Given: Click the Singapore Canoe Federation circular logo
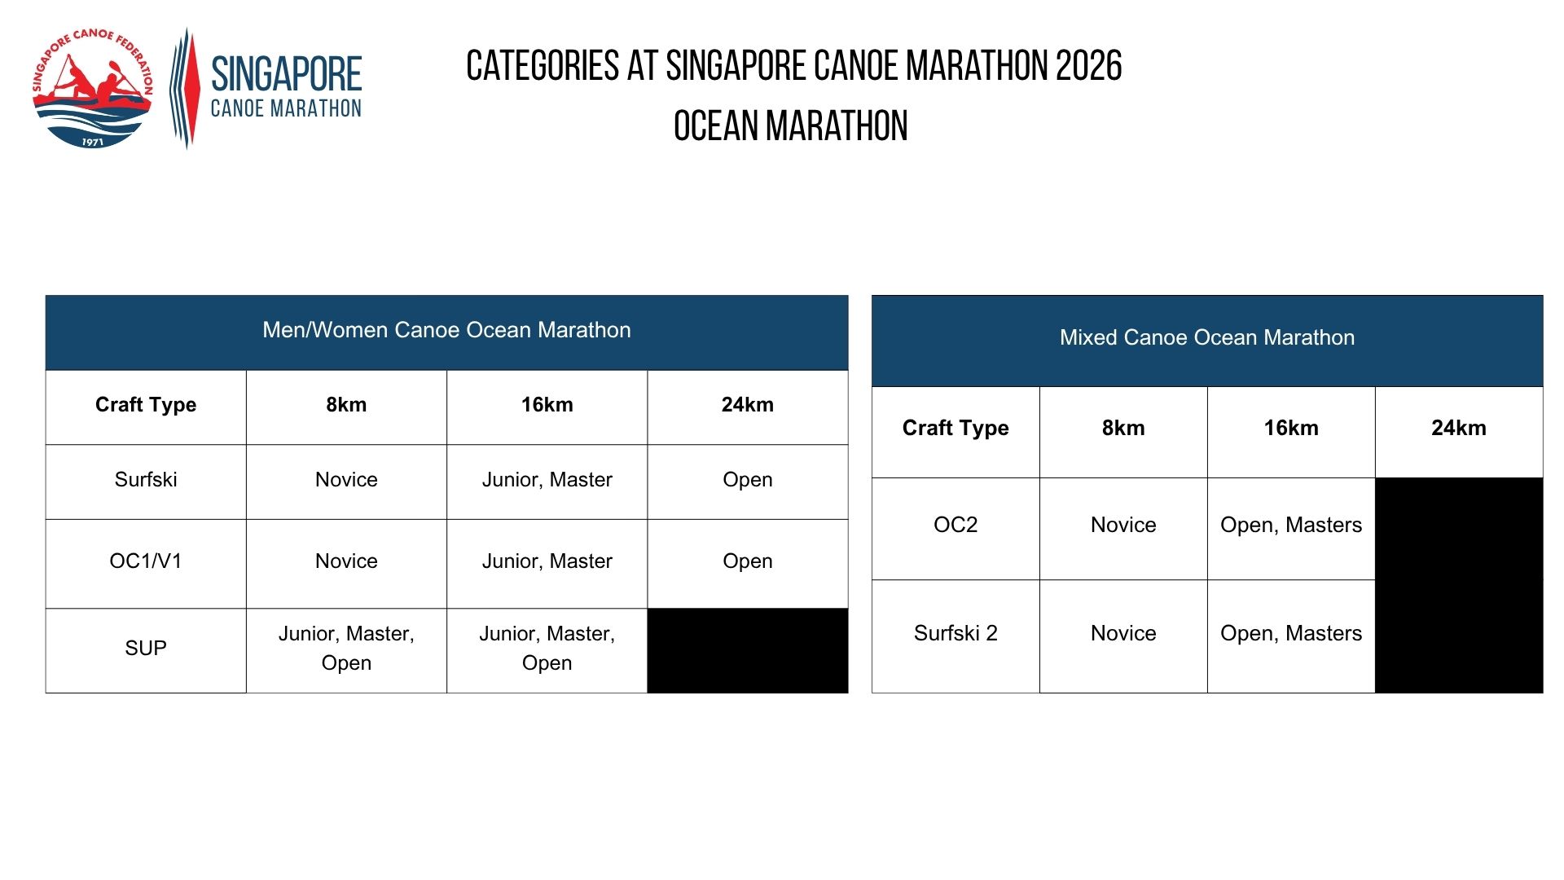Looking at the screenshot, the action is (x=93, y=89).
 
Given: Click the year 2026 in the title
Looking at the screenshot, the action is (x=1089, y=66).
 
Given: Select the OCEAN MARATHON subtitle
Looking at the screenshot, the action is (x=790, y=126).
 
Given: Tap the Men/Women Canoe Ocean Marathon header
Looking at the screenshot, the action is (x=446, y=330).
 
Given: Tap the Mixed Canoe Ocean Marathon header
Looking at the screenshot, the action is (x=1207, y=337).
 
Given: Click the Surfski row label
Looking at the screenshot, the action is (x=146, y=479).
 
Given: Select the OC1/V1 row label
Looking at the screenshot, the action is (x=146, y=561).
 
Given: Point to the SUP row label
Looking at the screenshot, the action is (x=146, y=648).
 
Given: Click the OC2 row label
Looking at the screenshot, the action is (x=956, y=525).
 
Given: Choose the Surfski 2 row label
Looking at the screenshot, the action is (x=956, y=633).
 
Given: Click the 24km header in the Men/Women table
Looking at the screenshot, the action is (x=748, y=405).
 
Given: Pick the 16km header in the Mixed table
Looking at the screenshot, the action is (x=1291, y=428).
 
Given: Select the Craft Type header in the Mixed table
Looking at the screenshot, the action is (x=956, y=429).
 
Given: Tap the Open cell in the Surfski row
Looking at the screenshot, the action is (x=748, y=480).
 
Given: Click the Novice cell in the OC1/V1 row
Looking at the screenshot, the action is (x=346, y=561).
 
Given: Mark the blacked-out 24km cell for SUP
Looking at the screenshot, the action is (x=748, y=651).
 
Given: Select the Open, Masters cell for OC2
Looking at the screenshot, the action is (x=1291, y=525).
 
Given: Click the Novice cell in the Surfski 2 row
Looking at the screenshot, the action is (x=1123, y=633).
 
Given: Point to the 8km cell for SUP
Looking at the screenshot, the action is (x=346, y=649).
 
